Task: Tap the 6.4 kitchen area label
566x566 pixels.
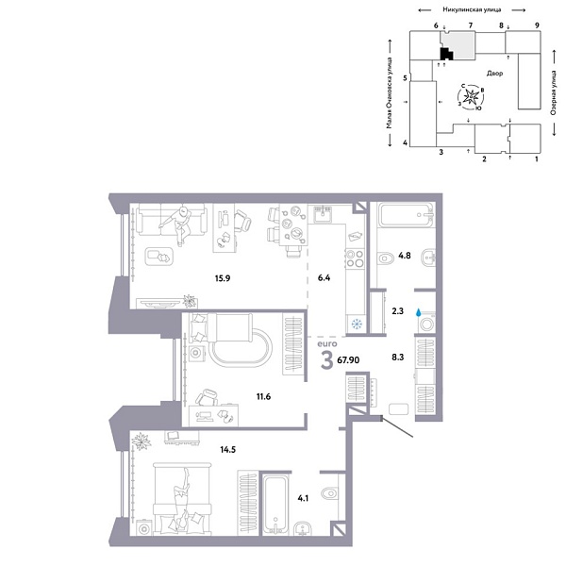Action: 323,277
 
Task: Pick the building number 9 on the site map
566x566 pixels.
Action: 537,25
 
